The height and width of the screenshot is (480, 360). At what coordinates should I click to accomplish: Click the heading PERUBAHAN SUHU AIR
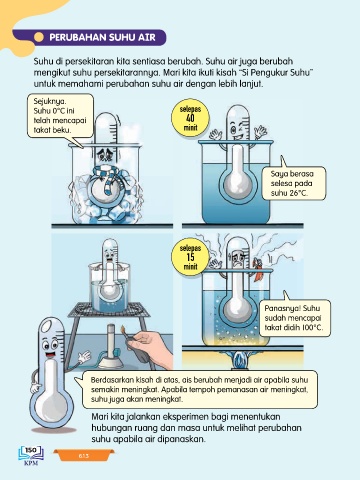click(102, 37)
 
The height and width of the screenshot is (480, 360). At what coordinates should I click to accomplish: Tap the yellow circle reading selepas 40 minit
click(190, 118)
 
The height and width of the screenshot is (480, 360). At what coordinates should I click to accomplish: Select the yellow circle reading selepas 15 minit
click(190, 257)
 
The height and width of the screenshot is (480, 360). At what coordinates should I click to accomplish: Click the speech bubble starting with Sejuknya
click(60, 116)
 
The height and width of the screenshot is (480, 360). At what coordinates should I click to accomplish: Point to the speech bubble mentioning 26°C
click(293, 183)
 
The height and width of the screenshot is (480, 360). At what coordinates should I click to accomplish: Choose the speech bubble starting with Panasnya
click(295, 317)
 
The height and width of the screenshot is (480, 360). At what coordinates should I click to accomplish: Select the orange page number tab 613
click(84, 456)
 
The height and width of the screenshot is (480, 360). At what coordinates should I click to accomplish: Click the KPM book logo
click(31, 455)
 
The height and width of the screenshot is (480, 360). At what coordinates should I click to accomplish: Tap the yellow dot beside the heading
click(39, 37)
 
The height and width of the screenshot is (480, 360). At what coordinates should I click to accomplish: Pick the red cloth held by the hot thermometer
click(258, 268)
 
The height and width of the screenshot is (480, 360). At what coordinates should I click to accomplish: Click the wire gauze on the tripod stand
click(109, 310)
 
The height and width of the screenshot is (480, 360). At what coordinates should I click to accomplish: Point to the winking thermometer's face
click(238, 130)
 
